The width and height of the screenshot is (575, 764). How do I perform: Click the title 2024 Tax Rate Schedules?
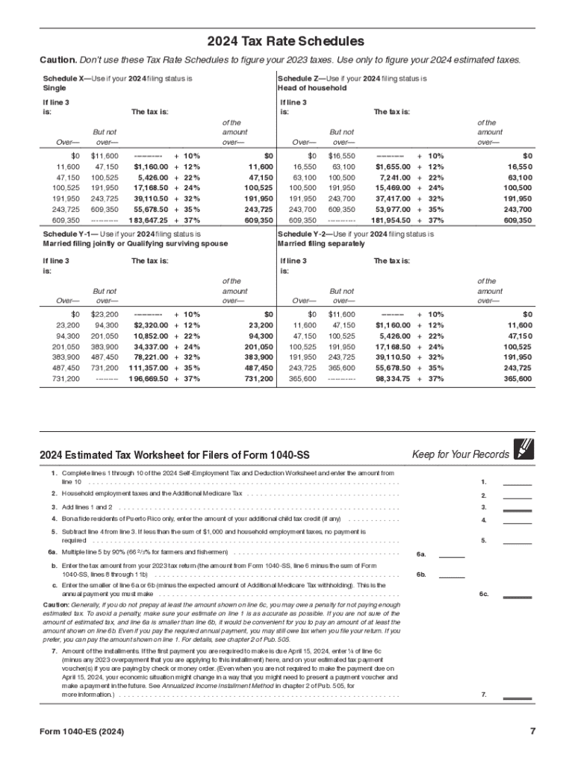click(287, 41)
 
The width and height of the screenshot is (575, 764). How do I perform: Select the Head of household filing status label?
click(312, 88)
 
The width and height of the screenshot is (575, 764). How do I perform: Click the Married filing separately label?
click(321, 243)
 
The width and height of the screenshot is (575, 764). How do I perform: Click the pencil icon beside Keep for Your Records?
click(524, 449)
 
